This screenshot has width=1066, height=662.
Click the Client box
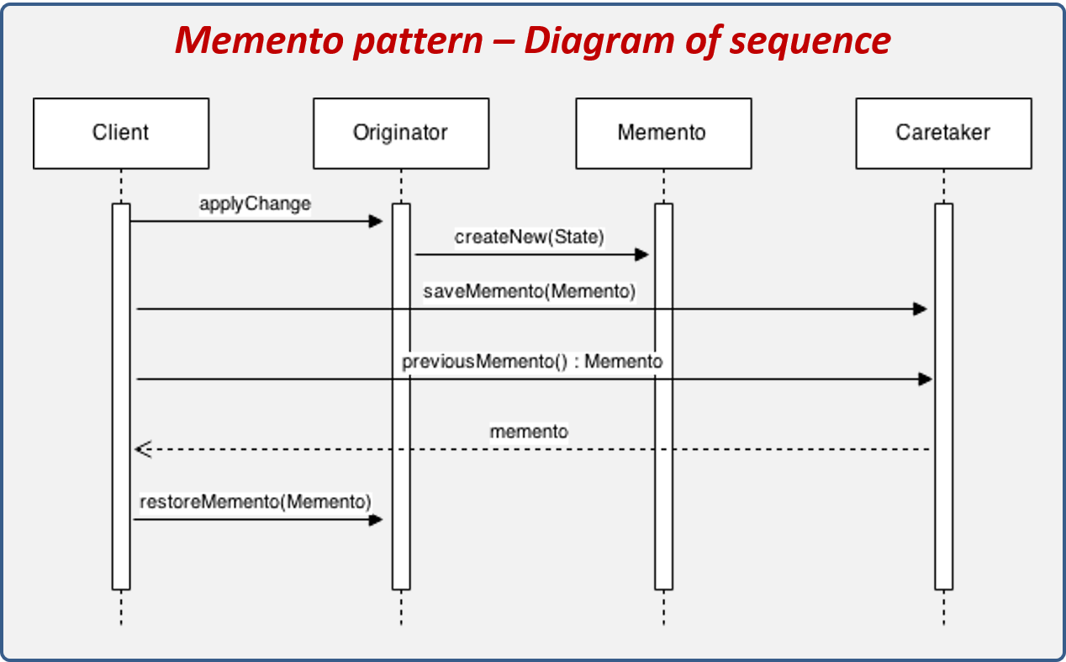click(x=121, y=133)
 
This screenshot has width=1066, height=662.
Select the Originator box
click(x=401, y=133)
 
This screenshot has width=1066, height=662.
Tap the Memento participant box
click(x=662, y=133)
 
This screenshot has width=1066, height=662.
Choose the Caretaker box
click(x=943, y=133)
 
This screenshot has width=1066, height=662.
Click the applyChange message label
click(x=255, y=204)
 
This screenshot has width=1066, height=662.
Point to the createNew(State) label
click(x=530, y=237)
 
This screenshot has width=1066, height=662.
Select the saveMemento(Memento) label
click(x=530, y=292)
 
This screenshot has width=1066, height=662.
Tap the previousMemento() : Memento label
click(x=532, y=362)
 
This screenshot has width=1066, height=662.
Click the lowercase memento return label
click(x=529, y=432)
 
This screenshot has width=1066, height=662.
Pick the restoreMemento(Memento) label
click(x=256, y=502)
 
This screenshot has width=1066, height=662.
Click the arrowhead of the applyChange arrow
click(x=376, y=221)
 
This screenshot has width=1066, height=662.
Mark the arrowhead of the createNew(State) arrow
click(x=642, y=255)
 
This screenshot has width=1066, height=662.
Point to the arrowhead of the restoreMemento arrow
click(x=376, y=520)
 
